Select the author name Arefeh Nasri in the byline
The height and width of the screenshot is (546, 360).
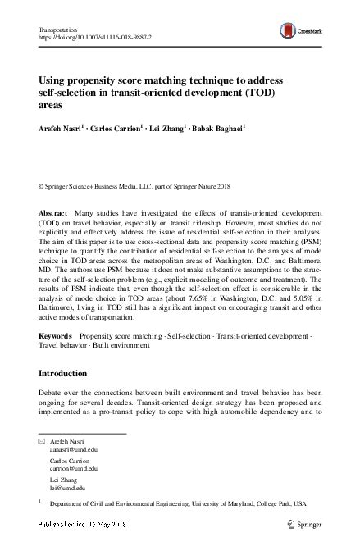(59, 129)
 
